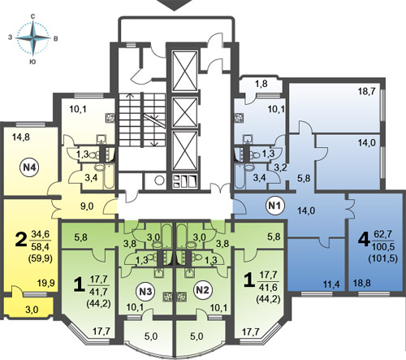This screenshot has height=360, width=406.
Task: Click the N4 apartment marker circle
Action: (x=29, y=167)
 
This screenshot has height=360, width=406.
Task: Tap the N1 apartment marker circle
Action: (x=275, y=206)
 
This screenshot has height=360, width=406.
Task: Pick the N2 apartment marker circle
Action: (x=202, y=290)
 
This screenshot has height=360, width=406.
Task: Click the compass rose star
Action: (x=33, y=38)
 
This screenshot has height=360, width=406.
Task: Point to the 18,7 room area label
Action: (x=366, y=92)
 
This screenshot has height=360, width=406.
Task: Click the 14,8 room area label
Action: (x=21, y=137)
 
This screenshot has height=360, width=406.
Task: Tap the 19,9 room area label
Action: (x=46, y=284)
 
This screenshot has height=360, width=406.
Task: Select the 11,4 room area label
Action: (x=332, y=284)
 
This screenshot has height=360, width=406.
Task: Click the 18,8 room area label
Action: (x=362, y=284)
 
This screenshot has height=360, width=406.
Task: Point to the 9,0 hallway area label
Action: (x=87, y=206)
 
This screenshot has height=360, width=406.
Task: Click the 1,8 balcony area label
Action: (x=261, y=84)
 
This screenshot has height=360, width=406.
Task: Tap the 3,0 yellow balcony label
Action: (x=32, y=310)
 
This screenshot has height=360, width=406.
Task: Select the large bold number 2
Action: (x=21, y=240)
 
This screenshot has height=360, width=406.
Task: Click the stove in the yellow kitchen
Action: (x=110, y=118)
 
